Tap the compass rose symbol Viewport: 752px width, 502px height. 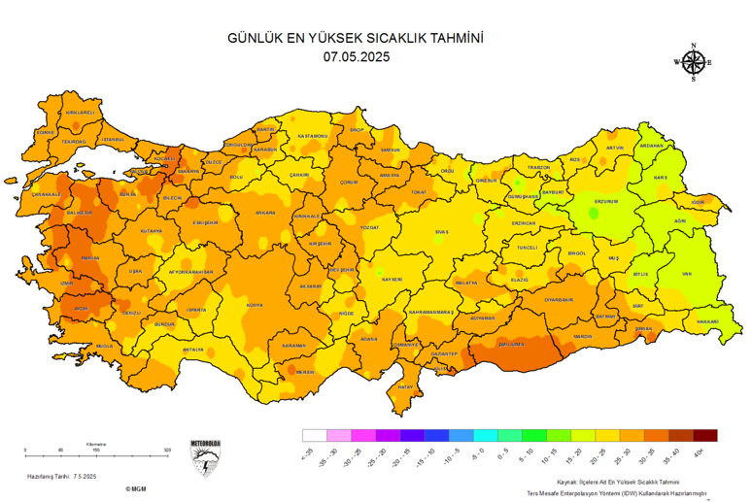click(693, 63)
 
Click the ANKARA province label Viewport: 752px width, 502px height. click(264, 213)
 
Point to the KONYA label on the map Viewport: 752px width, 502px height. click(255, 305)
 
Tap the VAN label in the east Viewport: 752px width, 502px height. click(688, 275)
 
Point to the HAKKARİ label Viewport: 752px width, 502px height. click(706, 321)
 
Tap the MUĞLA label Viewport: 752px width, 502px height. click(105, 346)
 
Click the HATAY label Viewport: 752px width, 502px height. click(406, 387)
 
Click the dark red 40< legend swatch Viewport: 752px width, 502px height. click(706, 436)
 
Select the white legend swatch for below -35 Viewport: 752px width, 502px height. click(313, 436)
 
